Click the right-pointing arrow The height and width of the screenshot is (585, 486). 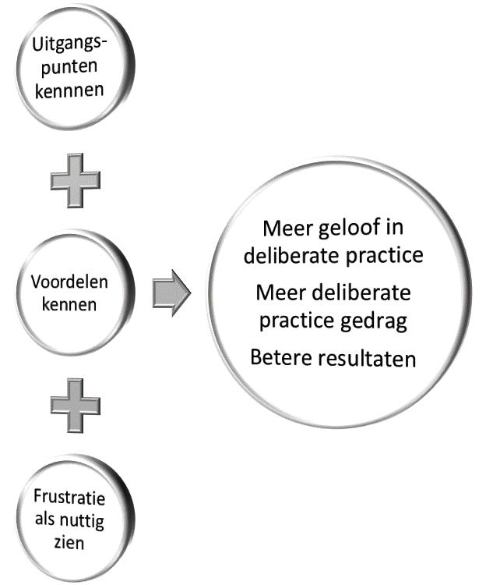tap(171, 293)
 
